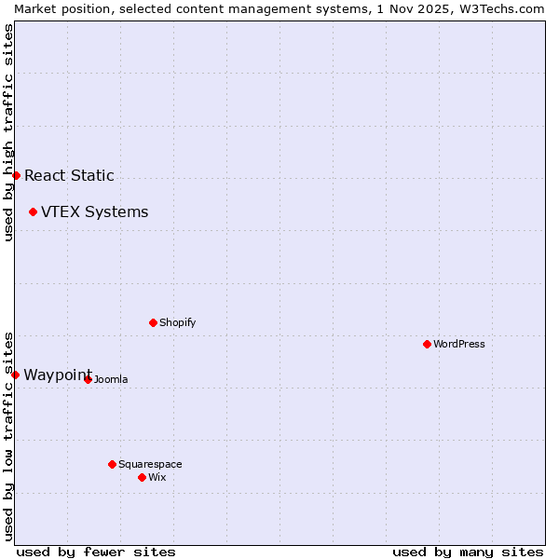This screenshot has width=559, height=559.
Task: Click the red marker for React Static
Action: point(16,175)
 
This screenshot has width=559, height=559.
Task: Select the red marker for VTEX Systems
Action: point(33,212)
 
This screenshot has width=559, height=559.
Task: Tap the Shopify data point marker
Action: point(153,322)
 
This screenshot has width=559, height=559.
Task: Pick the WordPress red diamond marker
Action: point(427,344)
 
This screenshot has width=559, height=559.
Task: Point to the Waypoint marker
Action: point(15,375)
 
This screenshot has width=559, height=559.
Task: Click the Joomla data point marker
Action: point(88,379)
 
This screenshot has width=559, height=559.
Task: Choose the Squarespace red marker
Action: point(112,464)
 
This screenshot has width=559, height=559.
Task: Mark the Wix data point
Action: point(142,477)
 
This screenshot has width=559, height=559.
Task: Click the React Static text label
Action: point(69,175)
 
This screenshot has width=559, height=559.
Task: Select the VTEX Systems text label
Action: point(94,212)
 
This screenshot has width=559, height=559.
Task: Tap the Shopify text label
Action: point(177,322)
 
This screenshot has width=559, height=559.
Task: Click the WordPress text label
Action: point(458,344)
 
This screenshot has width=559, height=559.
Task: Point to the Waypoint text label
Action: point(57,375)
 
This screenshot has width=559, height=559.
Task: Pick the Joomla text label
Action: point(110,379)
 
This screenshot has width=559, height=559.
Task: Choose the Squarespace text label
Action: point(150,464)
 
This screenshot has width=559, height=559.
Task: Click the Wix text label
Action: point(157,477)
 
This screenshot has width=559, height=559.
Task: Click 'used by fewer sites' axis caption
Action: point(96,552)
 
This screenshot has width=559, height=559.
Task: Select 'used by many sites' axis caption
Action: point(468,552)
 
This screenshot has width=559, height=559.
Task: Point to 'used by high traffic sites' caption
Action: point(8,132)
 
